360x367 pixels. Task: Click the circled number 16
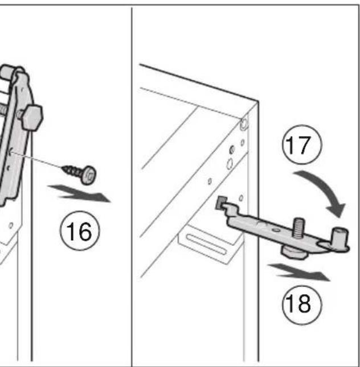tap(80, 231)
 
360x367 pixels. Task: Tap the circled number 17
tap(302, 145)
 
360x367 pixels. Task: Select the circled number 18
tap(302, 305)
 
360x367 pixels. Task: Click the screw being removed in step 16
tap(79, 174)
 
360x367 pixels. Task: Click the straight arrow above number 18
tap(299, 272)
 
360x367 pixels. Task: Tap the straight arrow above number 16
tap(79, 193)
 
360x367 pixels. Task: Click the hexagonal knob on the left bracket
tap(32, 118)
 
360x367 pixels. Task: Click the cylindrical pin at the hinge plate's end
tap(340, 238)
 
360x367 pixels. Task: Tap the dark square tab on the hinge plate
tap(221, 203)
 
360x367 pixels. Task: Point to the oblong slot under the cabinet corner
tap(206, 245)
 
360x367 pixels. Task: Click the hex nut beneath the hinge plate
tap(294, 253)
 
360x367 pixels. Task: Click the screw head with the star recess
tap(89, 175)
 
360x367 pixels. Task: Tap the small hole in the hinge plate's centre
tap(277, 230)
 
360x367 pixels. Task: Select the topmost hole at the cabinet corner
tap(244, 123)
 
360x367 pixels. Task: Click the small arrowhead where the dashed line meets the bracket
tap(10, 152)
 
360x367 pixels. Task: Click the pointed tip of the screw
tap(63, 167)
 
